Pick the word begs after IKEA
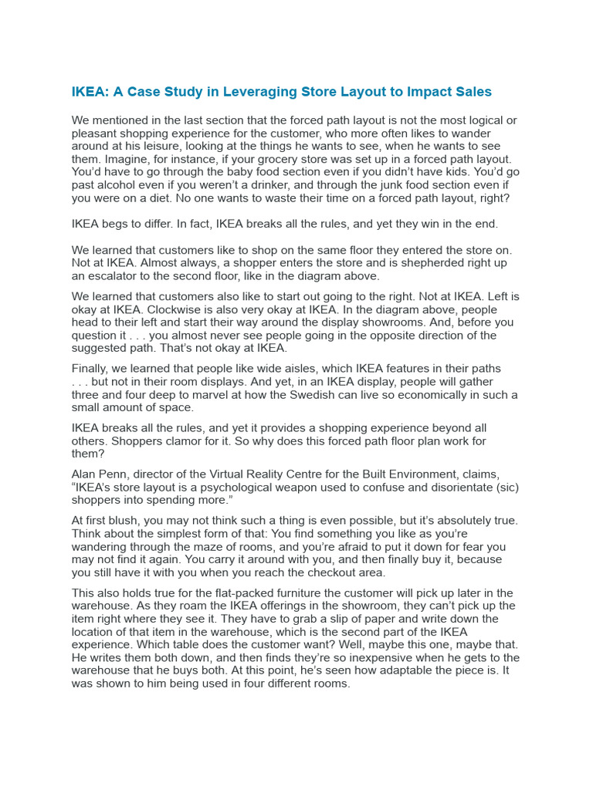[x=120, y=224]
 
